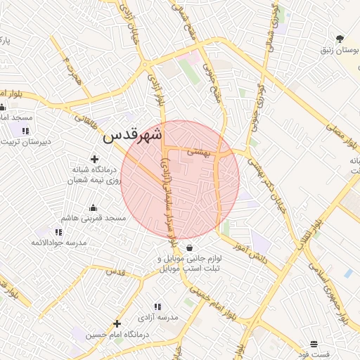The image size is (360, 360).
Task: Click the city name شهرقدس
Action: (x=133, y=135)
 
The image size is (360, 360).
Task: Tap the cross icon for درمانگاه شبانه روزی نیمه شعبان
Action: (x=95, y=160)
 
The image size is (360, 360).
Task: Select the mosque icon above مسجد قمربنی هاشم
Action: (x=92, y=207)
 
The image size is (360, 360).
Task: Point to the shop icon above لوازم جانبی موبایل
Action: (x=191, y=248)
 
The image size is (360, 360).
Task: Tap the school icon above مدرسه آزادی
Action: (x=157, y=307)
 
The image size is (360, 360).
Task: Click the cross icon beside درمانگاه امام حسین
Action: (x=117, y=323)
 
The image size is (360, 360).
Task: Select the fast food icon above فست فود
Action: (x=314, y=344)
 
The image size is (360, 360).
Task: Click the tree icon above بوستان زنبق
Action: (x=341, y=39)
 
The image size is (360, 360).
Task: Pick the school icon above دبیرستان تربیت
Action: (x=25, y=131)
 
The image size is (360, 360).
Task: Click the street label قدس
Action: (x=115, y=271)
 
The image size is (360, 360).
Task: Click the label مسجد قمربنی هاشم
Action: (x=93, y=219)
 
